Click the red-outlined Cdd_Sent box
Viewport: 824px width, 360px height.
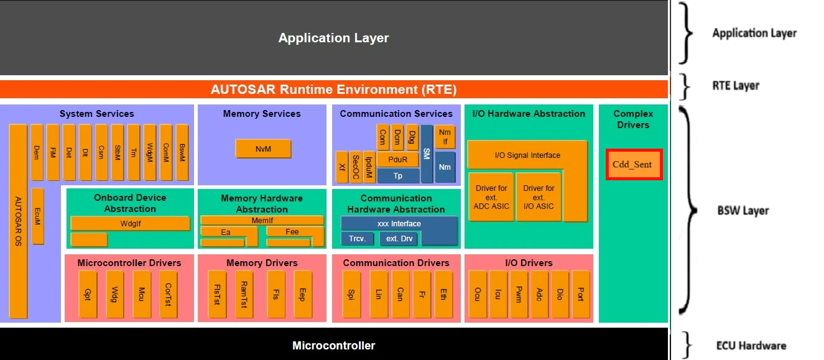[x=634, y=164]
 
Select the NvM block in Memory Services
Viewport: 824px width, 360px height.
[x=264, y=149]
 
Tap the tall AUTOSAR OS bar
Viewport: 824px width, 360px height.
[x=18, y=221]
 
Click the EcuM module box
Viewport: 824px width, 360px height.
[x=37, y=216]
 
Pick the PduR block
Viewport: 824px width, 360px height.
[x=397, y=160]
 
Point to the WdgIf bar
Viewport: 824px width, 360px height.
[x=130, y=224]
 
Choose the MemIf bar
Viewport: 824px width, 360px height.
[x=262, y=220]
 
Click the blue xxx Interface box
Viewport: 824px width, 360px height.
[x=399, y=224]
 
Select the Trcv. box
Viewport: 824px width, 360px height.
[x=357, y=239]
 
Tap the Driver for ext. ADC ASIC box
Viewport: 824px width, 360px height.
[x=491, y=197]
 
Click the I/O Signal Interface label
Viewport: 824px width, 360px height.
[x=527, y=155]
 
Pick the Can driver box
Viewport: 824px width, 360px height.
[x=400, y=294]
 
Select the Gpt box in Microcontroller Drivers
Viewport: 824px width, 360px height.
[x=88, y=294]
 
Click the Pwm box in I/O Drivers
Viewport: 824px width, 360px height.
[x=519, y=294]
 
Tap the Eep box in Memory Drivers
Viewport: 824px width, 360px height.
[x=303, y=294]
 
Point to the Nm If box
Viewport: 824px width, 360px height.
[x=445, y=137]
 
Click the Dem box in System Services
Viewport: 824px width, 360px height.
[x=37, y=152]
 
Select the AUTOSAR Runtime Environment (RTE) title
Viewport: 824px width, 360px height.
[x=334, y=90]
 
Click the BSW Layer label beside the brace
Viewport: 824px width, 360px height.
[x=743, y=211]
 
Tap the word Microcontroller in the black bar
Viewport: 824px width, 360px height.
[x=334, y=345]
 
